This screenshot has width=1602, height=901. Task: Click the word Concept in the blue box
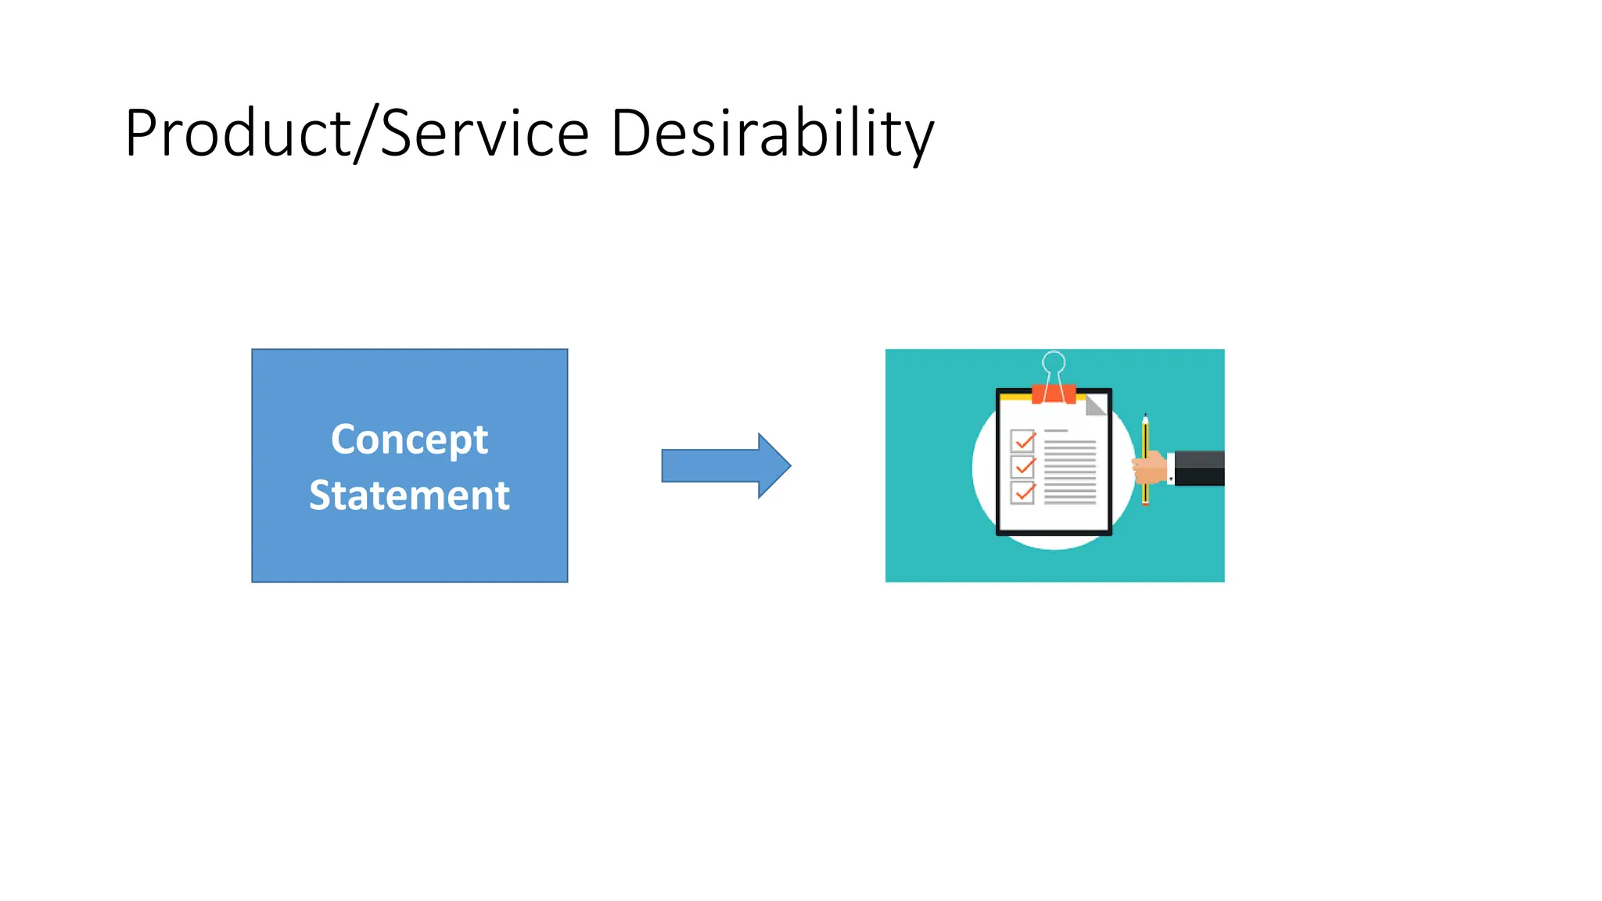[x=409, y=440]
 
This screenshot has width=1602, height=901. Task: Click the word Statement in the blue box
[x=409, y=496]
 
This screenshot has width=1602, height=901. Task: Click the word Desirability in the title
[x=771, y=134]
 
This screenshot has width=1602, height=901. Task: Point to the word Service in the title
[x=484, y=134]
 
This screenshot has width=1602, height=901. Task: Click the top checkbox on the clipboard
[x=1022, y=441]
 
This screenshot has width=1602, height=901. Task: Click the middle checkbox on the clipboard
[x=1022, y=467]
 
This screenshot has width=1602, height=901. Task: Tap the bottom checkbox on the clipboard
[x=1022, y=493]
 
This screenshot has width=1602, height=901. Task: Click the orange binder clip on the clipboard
[x=1053, y=393]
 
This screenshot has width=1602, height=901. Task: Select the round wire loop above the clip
[x=1054, y=362]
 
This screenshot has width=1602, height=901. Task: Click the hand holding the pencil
[x=1150, y=468]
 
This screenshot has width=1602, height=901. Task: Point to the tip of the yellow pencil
[x=1145, y=417]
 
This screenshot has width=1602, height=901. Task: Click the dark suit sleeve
[x=1199, y=468]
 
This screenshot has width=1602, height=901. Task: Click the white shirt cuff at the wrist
[x=1170, y=468]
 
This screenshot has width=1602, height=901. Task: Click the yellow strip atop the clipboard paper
[x=1015, y=397]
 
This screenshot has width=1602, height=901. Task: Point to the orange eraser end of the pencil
[x=1145, y=503]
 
